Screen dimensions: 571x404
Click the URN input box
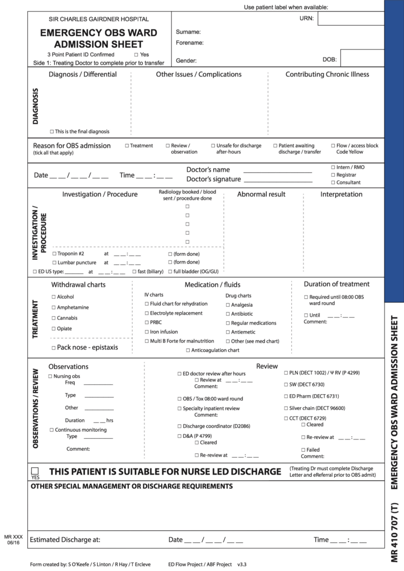[x=351, y=19]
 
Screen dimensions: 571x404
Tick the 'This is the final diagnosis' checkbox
[x=52, y=132]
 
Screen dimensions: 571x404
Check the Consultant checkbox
[x=333, y=182]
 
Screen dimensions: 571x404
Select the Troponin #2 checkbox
[x=54, y=254]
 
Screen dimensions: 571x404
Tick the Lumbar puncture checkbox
[x=54, y=262]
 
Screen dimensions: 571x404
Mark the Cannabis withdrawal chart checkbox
[x=54, y=318]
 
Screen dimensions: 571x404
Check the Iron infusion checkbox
[x=146, y=332]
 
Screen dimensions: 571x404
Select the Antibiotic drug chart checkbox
[x=228, y=314]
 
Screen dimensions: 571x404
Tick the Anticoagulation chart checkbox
[x=188, y=350]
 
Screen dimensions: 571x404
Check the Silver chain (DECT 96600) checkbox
[x=285, y=408]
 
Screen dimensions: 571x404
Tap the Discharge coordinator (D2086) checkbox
[x=179, y=426]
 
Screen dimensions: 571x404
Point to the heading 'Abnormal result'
[x=261, y=194]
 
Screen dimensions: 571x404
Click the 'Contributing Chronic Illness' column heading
[x=327, y=74]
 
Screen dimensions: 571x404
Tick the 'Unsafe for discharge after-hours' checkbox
[x=213, y=146]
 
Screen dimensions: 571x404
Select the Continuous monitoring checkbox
[x=52, y=430]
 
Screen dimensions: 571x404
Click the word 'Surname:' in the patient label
[x=188, y=32]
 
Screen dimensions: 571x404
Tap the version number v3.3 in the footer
[x=242, y=564]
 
